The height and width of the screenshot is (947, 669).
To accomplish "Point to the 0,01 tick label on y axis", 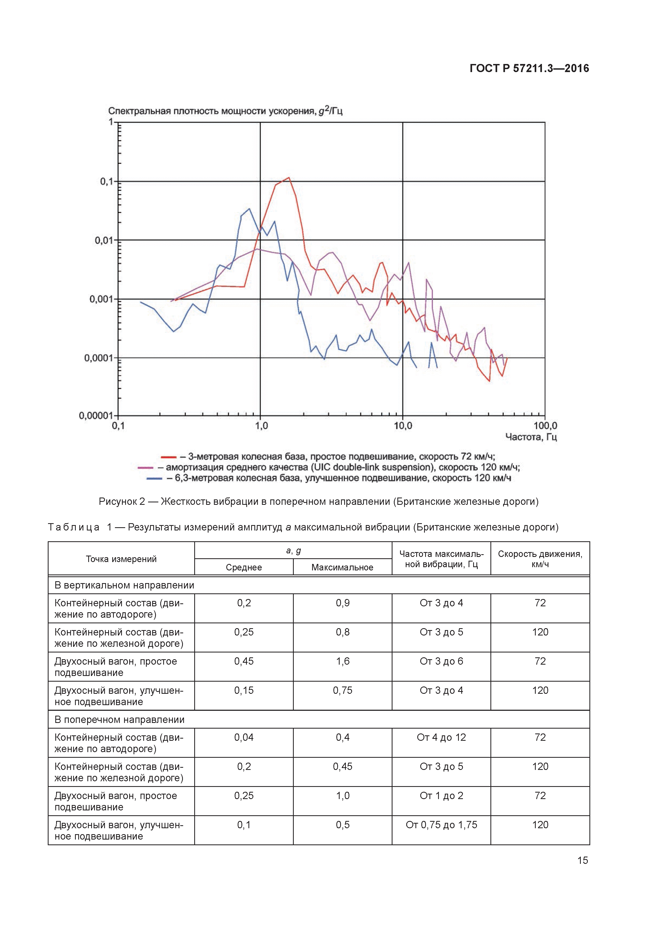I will point(104,240).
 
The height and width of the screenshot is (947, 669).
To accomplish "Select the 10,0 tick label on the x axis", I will point(403,426).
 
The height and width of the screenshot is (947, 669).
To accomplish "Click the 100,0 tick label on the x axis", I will point(545,426).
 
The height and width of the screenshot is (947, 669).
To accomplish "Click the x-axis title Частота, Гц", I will point(531,437).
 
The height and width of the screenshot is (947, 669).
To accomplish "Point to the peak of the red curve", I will point(289,178).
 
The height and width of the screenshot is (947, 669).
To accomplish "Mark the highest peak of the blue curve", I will point(249,209).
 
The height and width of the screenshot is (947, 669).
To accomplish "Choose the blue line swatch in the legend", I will point(154,478).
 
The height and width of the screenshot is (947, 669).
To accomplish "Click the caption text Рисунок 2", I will point(122,502).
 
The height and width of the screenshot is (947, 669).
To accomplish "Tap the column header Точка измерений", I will point(121,559).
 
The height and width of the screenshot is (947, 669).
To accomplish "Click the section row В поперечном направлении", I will point(120,720).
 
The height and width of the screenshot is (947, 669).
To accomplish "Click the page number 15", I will point(582,860).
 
